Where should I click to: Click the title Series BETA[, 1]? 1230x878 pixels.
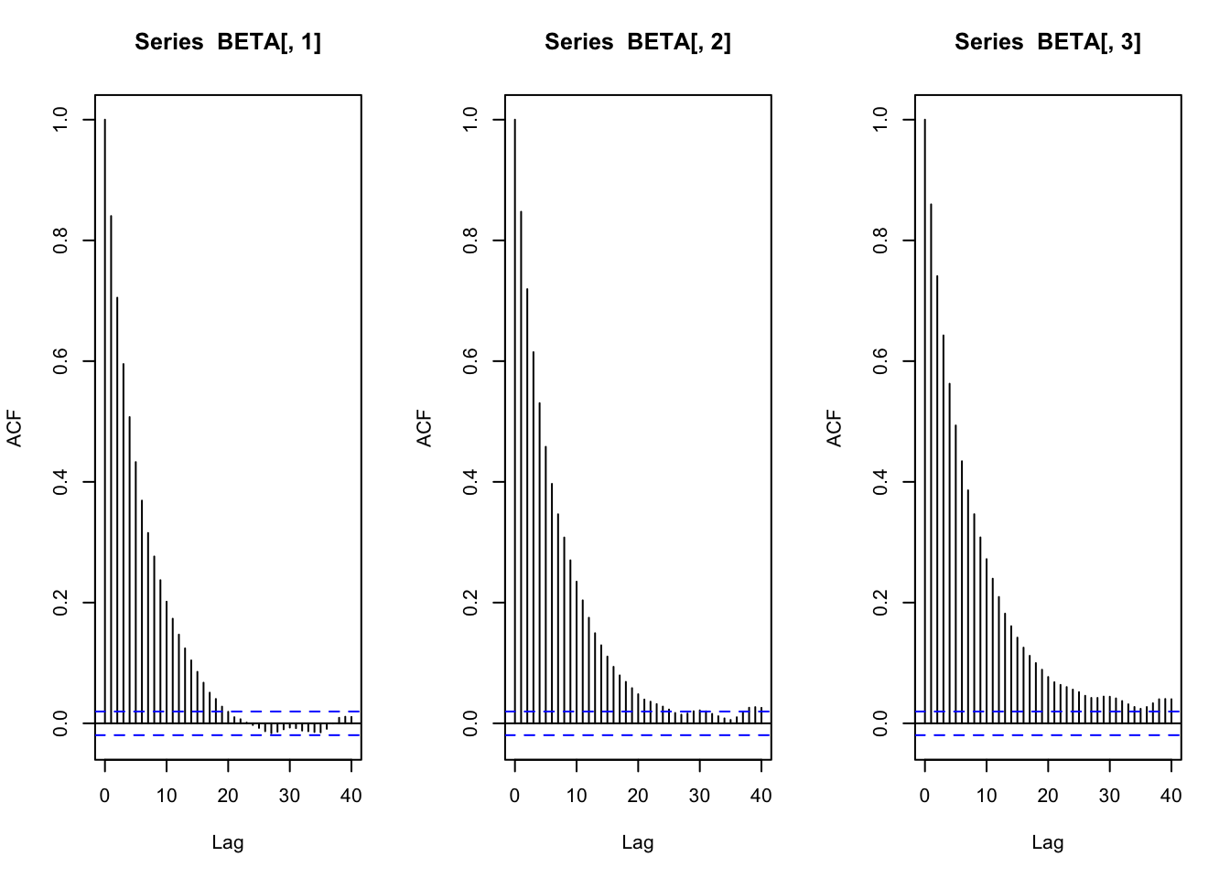pos(228,42)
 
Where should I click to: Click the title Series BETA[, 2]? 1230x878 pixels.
pos(638,42)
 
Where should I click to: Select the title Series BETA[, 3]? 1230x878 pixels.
pos(1048,42)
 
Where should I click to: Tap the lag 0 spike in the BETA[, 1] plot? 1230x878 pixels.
pos(105,421)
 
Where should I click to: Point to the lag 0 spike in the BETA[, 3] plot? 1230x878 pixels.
pos(925,421)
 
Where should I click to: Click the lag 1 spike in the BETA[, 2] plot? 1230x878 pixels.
pos(521,466)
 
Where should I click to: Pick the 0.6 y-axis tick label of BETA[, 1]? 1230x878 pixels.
pos(60,361)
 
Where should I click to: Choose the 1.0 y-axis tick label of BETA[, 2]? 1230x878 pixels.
pos(470,120)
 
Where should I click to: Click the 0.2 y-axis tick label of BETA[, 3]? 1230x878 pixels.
pos(880,603)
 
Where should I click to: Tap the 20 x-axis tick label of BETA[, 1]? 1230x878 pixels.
pos(228,796)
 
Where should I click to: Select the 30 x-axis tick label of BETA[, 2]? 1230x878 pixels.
pos(699,796)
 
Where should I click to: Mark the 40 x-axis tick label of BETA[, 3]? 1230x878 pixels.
pos(1171,796)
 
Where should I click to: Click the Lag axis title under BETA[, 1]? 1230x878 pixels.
pos(228,842)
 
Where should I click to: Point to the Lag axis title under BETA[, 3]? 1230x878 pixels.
pos(1048,842)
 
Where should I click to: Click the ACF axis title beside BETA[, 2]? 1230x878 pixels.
pos(424,427)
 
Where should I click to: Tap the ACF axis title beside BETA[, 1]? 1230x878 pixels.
pos(14,427)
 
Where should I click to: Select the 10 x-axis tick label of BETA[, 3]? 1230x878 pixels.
pos(987,796)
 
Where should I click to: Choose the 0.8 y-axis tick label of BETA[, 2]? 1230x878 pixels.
pos(470,241)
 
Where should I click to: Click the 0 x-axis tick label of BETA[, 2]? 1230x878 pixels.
pos(514,796)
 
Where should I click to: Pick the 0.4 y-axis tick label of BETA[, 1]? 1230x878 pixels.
pos(60,482)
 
